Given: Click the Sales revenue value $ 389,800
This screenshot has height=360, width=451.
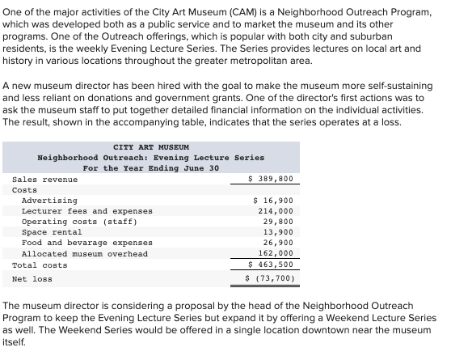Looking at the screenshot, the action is [x=270, y=179].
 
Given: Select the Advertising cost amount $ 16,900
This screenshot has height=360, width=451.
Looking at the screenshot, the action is [x=272, y=200].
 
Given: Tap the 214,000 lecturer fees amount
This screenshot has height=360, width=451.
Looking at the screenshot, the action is [x=275, y=210].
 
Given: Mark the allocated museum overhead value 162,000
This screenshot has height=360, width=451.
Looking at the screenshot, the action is [x=275, y=253].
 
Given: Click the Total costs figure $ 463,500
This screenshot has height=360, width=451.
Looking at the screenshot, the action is [x=270, y=265].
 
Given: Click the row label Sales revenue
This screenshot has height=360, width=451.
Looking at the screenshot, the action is [x=45, y=179].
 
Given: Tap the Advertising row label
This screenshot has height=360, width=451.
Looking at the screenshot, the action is [x=49, y=200].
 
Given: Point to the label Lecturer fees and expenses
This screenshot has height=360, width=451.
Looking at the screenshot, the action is [x=86, y=210].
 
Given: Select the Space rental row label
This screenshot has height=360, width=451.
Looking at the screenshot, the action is [x=52, y=231].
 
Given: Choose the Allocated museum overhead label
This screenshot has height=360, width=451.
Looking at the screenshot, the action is [x=84, y=253].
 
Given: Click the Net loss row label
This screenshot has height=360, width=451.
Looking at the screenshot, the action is [x=32, y=278].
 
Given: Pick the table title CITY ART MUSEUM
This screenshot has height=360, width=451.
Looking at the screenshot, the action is [x=150, y=146].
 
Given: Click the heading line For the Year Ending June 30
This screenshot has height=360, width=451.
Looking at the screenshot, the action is [x=150, y=167].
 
